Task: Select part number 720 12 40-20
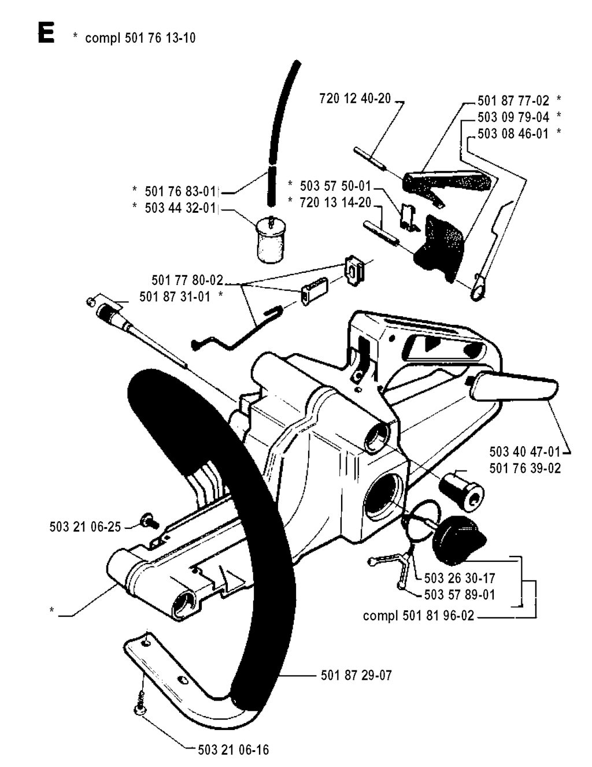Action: (355, 98)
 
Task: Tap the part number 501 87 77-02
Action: (513, 101)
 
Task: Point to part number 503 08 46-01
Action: (513, 134)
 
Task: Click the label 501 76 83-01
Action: (180, 191)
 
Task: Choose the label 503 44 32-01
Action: (180, 208)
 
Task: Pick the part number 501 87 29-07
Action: (357, 675)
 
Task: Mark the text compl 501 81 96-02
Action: (419, 616)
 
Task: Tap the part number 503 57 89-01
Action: (460, 595)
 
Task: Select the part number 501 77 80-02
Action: (187, 280)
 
